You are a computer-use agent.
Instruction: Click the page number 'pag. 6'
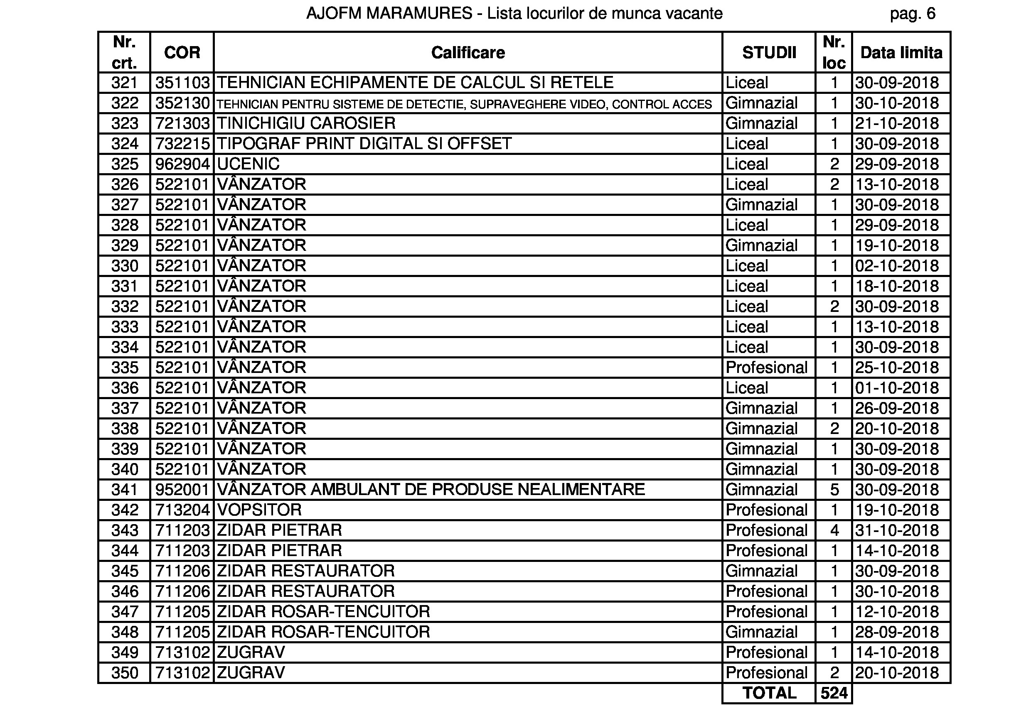pos(912,14)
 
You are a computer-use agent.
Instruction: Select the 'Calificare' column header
pos(468,53)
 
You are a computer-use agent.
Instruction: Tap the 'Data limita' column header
pos(901,53)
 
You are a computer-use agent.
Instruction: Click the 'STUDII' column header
pos(769,53)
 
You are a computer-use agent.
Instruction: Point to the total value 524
pos(834,693)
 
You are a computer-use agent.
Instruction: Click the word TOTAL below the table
pos(769,693)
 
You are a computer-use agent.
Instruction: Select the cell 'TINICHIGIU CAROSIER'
pos(306,123)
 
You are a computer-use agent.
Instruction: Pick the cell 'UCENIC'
pos(248,164)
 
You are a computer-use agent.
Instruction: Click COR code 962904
pos(182,164)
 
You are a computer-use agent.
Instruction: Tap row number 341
pos(124,490)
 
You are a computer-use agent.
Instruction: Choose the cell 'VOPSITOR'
pos(259,510)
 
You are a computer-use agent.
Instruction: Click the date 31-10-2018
pos(897,530)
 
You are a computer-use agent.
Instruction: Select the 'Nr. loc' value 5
pos(834,490)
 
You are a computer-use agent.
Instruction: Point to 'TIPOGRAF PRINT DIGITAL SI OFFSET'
pos(364,143)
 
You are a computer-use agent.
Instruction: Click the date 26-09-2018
pos(897,408)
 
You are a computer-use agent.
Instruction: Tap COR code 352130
pos(182,103)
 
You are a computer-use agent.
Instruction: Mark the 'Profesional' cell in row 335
pos(766,368)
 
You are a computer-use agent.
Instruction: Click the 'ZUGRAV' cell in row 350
pos(251,673)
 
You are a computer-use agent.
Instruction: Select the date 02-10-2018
pos(897,266)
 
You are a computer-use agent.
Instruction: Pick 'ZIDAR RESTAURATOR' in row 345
pos(306,571)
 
